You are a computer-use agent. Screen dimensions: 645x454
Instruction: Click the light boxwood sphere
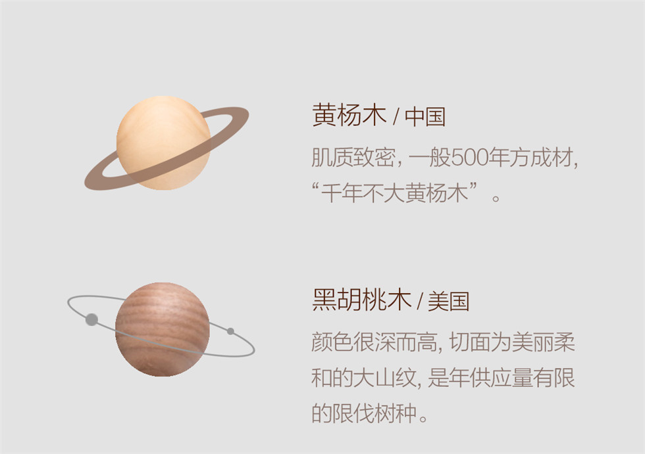[x=164, y=143]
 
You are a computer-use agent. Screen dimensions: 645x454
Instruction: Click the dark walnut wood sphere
[x=163, y=329]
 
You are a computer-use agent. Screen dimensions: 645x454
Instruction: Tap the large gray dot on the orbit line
[x=91, y=319]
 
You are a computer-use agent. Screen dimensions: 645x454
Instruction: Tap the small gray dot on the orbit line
[x=230, y=331]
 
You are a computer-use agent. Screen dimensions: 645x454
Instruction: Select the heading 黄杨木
[x=349, y=115]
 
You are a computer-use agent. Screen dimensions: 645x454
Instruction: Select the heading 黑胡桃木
[x=361, y=300]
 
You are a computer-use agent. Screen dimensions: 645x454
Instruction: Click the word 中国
[x=425, y=116]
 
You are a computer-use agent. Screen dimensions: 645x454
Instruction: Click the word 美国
[x=449, y=302]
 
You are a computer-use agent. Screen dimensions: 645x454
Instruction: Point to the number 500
[x=469, y=157]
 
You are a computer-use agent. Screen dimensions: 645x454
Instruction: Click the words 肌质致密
[x=353, y=157]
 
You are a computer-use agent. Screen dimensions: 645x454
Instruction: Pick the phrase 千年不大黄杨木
[x=394, y=193]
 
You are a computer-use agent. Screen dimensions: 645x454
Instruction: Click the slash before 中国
[x=396, y=117]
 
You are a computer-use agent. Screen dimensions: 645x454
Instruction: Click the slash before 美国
[x=420, y=302]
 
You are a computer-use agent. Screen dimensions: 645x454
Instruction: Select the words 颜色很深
[x=353, y=342]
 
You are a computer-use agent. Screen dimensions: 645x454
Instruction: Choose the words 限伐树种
[x=374, y=413]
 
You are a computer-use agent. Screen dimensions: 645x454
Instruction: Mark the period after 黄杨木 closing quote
[x=496, y=198]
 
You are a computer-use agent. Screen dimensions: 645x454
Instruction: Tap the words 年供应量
[x=490, y=378]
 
